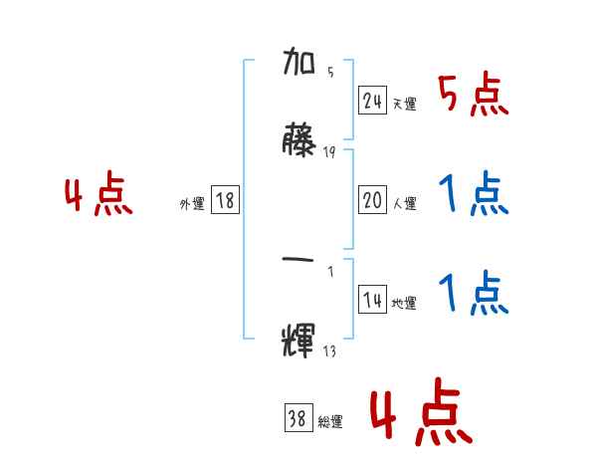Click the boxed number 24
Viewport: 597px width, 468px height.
(373, 101)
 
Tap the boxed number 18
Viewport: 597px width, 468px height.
(225, 201)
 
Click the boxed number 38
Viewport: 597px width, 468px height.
(297, 419)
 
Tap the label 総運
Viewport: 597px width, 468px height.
(329, 422)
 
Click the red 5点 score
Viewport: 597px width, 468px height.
(473, 96)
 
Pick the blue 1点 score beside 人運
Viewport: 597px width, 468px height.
(473, 195)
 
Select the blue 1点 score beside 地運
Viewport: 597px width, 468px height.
(473, 293)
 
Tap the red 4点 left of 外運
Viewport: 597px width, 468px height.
(99, 196)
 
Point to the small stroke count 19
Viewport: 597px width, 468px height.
(329, 151)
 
